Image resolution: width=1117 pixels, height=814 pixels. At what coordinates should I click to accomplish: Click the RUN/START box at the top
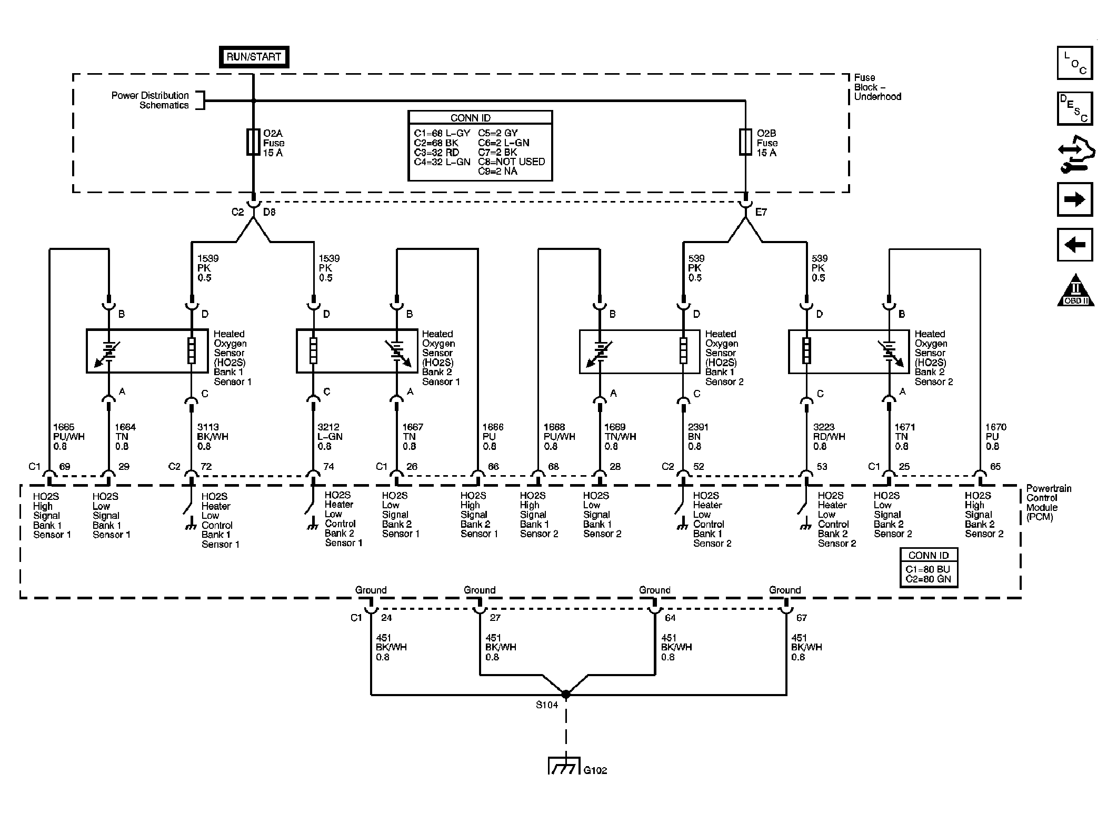point(254,57)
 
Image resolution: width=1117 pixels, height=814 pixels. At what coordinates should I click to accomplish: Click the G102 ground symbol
point(564,766)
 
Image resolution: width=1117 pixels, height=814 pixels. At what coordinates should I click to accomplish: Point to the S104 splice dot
point(566,695)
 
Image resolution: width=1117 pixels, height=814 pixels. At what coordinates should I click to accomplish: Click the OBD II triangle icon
point(1075,290)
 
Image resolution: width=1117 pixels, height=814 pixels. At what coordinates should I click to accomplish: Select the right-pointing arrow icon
point(1075,199)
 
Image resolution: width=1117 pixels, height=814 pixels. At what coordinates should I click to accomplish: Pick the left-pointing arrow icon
point(1075,245)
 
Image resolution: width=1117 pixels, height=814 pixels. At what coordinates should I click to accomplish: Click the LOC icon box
point(1075,63)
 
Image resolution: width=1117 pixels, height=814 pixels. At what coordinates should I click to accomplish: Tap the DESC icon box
point(1075,108)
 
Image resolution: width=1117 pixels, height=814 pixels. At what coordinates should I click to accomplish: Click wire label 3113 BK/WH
point(212,437)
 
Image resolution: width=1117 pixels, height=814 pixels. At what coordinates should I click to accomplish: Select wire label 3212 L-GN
point(330,437)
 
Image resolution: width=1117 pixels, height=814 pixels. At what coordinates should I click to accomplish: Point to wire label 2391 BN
point(699,437)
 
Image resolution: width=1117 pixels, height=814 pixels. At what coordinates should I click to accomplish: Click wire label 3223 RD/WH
point(829,437)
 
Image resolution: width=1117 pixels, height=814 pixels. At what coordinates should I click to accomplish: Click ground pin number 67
point(802,618)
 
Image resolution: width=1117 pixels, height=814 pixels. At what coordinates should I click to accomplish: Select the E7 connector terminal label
point(761,212)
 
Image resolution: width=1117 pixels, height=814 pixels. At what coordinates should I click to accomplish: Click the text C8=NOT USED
point(512,162)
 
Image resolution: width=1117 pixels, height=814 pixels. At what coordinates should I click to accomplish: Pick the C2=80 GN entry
point(929,579)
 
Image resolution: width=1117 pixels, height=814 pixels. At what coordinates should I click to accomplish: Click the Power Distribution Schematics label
point(151,100)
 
